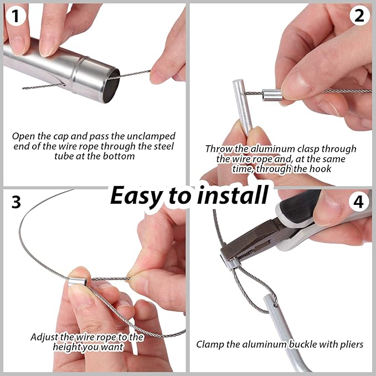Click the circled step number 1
pyautogui.click(x=16, y=16)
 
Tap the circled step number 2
pyautogui.click(x=359, y=16)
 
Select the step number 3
pyautogui.click(x=16, y=202)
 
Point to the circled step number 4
pyautogui.click(x=358, y=202)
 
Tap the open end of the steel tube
pyautogui.click(x=112, y=86)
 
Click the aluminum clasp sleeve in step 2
pyautogui.click(x=272, y=95)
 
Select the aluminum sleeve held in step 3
pyautogui.click(x=77, y=281)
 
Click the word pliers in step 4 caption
pyautogui.click(x=352, y=344)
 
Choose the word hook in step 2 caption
pyautogui.click(x=321, y=169)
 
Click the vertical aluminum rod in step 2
pyautogui.click(x=243, y=107)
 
